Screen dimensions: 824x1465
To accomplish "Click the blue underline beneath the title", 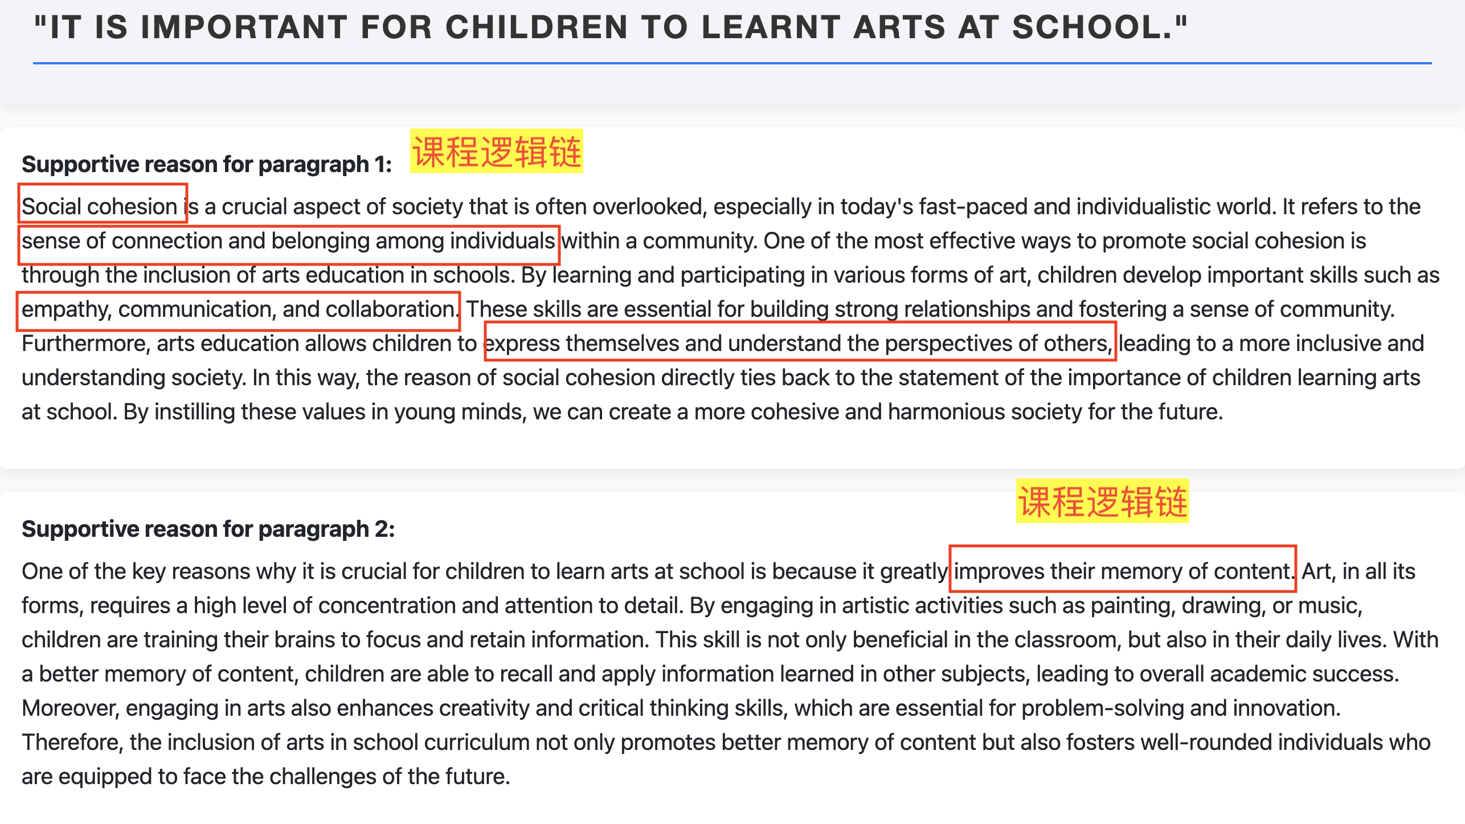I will point(732,63).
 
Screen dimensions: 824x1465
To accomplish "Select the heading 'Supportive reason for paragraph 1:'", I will point(207,164).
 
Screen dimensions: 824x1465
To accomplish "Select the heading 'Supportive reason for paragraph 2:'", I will point(208,529).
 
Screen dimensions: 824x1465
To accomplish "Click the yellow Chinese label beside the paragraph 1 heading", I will point(496,152).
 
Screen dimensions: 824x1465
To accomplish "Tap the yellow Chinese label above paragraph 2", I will point(1102,501).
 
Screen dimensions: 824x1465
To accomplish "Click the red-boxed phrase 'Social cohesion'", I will point(100,206).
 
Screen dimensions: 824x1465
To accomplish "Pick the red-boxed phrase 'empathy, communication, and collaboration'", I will point(238,309).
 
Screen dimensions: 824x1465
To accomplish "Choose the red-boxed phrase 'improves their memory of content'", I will point(1122,571).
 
